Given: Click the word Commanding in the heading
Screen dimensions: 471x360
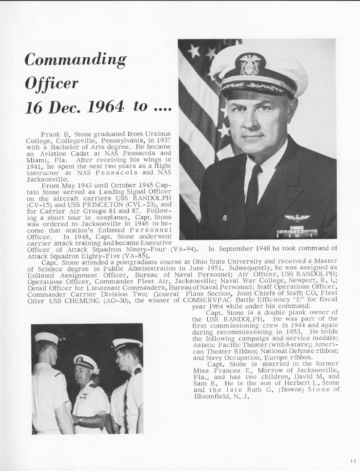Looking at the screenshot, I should click(x=75, y=60).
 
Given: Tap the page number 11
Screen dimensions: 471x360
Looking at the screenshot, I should click(x=352, y=461).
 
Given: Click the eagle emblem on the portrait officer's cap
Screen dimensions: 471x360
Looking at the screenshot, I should click(x=250, y=64).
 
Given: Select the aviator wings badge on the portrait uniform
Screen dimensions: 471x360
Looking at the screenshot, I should click(x=297, y=218).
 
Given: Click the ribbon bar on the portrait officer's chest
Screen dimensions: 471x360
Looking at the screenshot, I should click(x=297, y=233).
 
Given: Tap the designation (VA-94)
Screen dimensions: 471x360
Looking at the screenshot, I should click(x=184, y=249).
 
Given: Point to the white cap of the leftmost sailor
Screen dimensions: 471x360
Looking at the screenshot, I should click(x=47, y=338).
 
